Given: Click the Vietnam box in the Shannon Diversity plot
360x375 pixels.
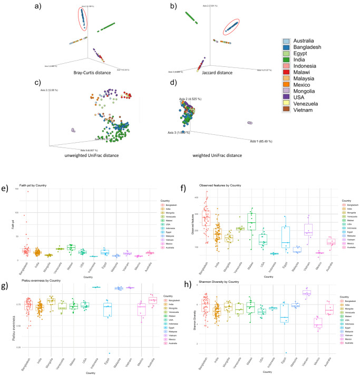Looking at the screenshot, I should coord(307,293).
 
